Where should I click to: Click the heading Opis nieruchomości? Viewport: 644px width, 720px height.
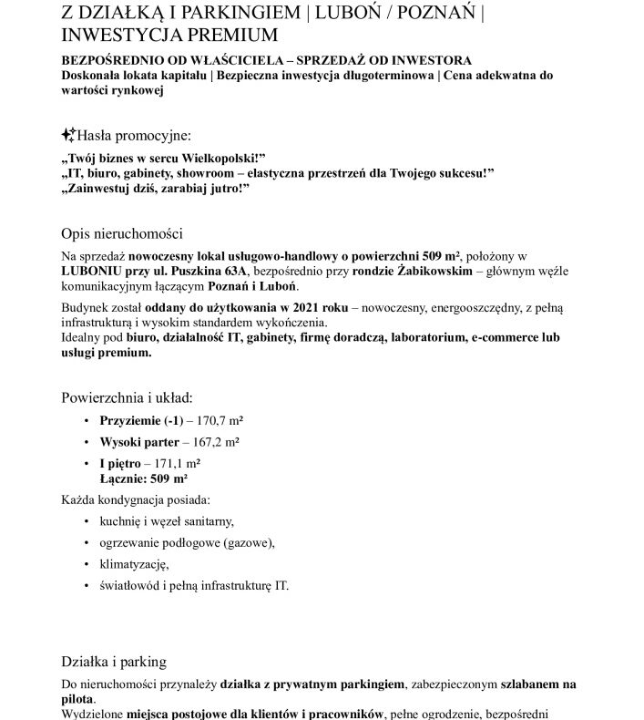tap(122, 232)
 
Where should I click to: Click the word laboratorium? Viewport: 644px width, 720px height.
tap(435, 336)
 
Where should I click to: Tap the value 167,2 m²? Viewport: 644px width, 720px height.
tap(211, 442)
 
